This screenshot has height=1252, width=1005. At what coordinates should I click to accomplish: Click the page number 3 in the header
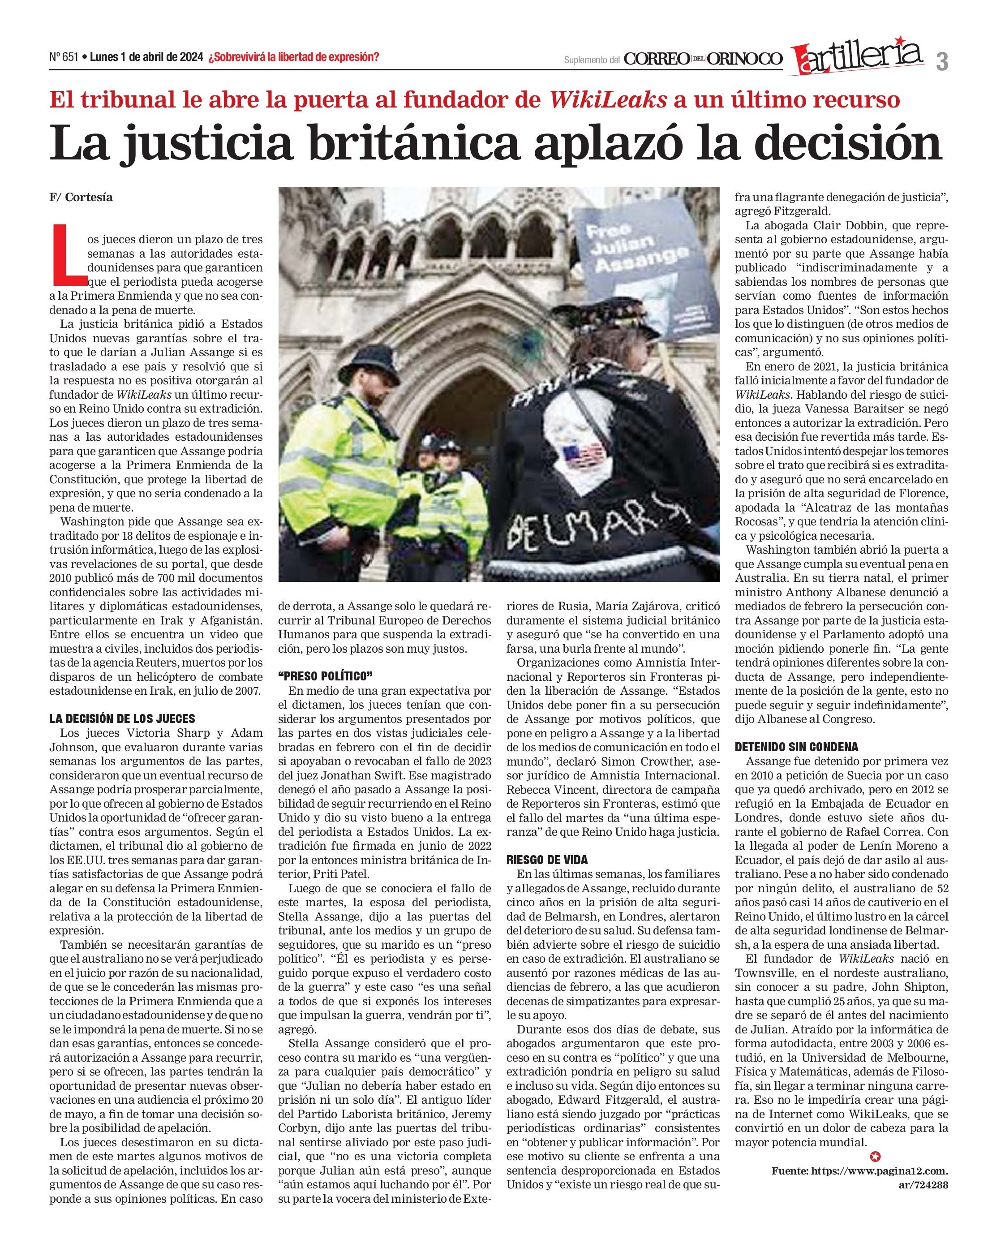pos(942,61)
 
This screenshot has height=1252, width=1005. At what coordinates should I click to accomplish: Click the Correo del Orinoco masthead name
pos(703,59)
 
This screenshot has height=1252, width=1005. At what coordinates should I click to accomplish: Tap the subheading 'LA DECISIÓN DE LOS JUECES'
pos(122,719)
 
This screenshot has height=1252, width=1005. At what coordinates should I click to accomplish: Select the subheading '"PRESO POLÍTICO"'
pos(325,676)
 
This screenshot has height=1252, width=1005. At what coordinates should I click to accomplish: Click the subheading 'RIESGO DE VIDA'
pos(547,860)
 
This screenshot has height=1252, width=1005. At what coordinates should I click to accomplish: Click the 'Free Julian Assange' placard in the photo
pos(644,267)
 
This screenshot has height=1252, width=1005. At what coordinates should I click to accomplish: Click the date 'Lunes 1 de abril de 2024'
pos(147,57)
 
